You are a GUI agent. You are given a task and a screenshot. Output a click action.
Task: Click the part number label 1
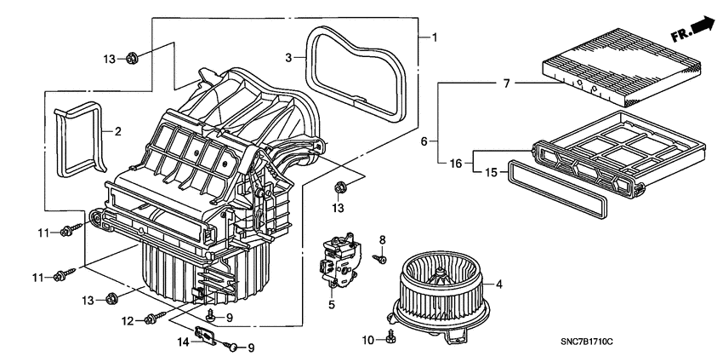(434, 37)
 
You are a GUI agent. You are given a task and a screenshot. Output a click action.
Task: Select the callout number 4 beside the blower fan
(499, 284)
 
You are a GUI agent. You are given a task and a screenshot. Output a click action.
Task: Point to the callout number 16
(456, 163)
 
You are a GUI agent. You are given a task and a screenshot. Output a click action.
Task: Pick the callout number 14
(182, 342)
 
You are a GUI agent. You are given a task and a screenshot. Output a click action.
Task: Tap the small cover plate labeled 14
(207, 336)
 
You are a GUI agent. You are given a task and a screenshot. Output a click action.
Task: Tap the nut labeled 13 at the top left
(133, 59)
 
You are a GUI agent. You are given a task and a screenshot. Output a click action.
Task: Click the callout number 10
(367, 340)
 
